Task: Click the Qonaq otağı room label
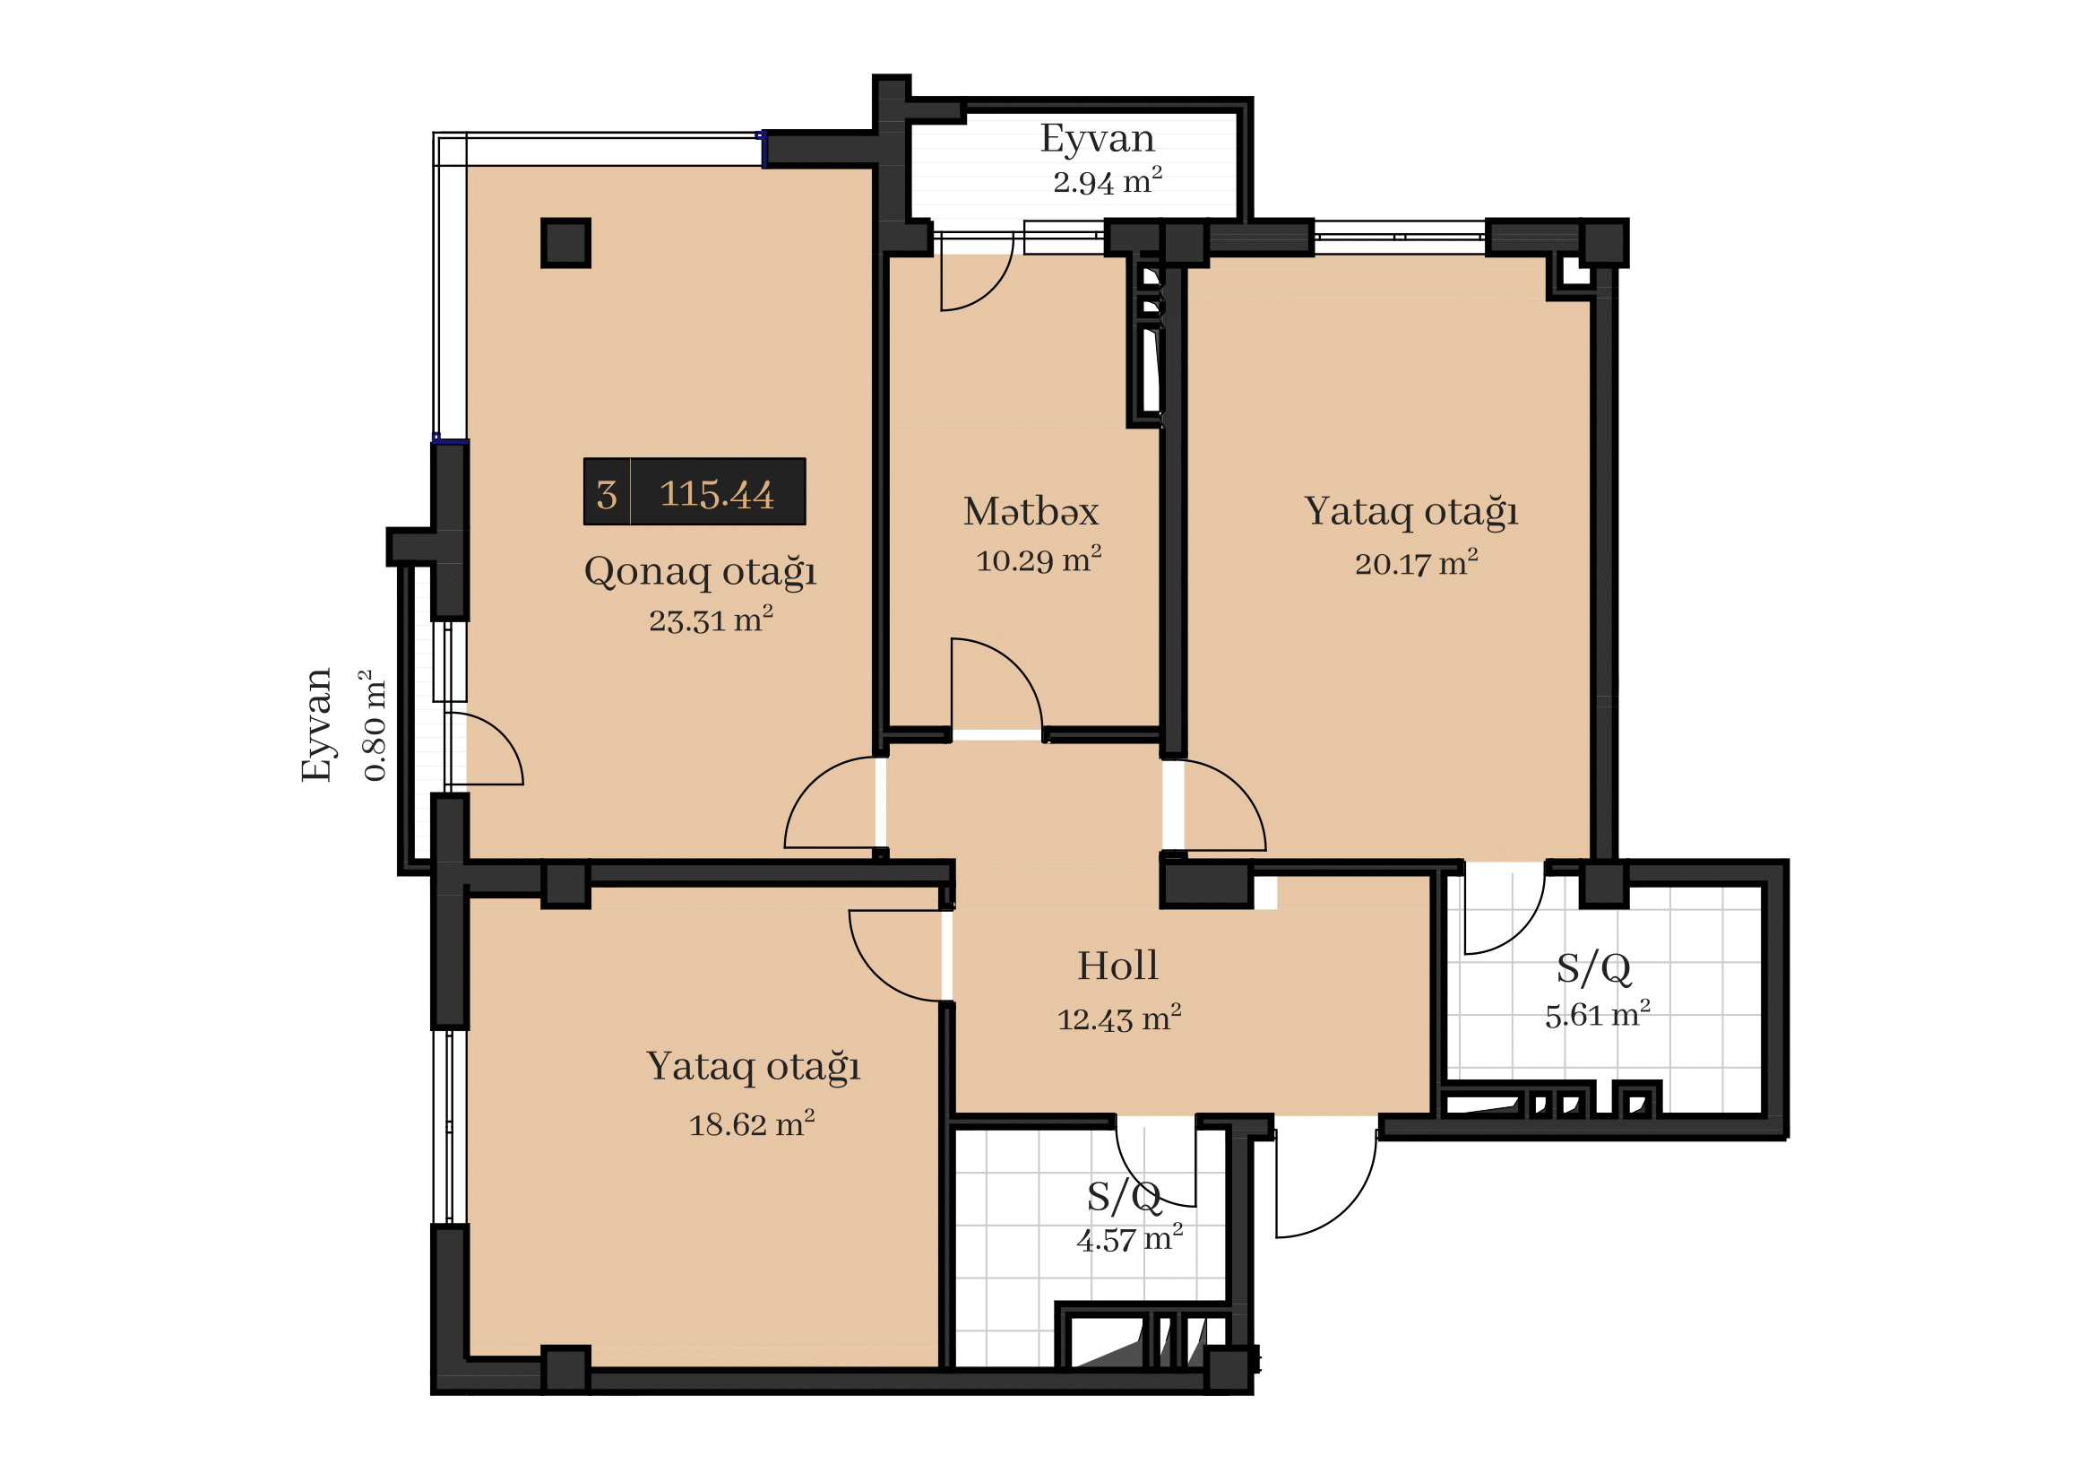pyautogui.click(x=700, y=574)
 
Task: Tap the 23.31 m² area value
pyautogui.click(x=712, y=620)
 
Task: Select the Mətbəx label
pyautogui.click(x=1031, y=511)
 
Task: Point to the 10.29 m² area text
pyautogui.click(x=1039, y=559)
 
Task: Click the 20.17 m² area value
pyautogui.click(x=1416, y=563)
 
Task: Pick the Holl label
pyautogui.click(x=1117, y=966)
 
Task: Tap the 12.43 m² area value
pyautogui.click(x=1119, y=1018)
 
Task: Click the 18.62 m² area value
pyautogui.click(x=751, y=1124)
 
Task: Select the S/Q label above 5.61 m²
pyautogui.click(x=1594, y=968)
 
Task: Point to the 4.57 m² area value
pyautogui.click(x=1130, y=1239)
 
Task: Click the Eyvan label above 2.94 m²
pyautogui.click(x=1098, y=139)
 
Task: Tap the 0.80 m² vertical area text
pyautogui.click(x=375, y=726)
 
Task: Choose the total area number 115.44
pyautogui.click(x=717, y=494)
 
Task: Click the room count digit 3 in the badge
pyautogui.click(x=607, y=495)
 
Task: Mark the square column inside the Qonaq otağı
pyautogui.click(x=566, y=243)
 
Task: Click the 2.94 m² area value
pyautogui.click(x=1108, y=182)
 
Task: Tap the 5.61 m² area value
pyautogui.click(x=1598, y=1015)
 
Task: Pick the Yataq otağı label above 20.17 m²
pyautogui.click(x=1411, y=512)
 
